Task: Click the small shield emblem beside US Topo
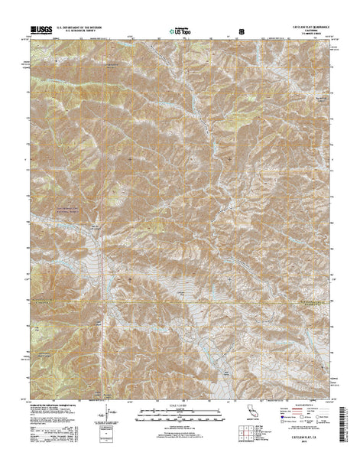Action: tap(242, 31)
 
